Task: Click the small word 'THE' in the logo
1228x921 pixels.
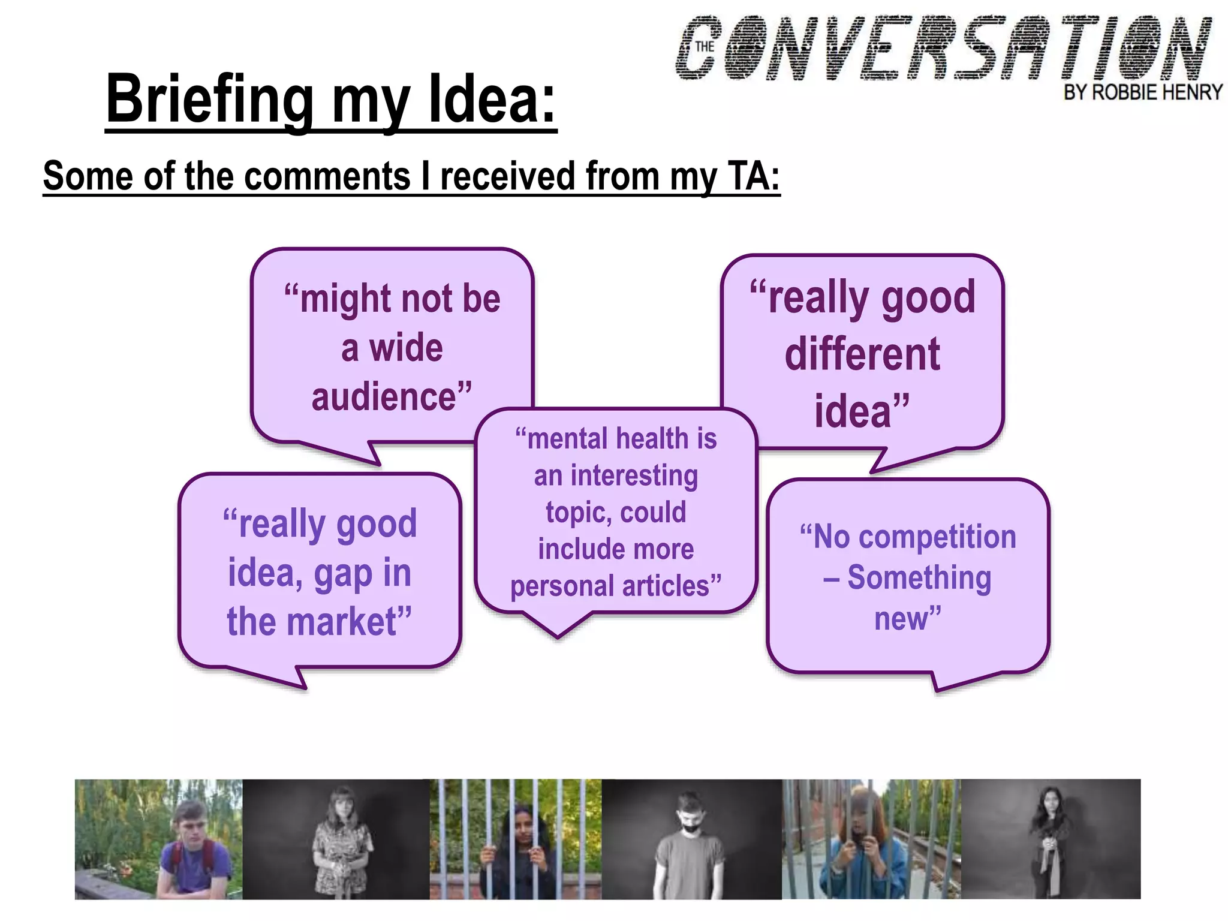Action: click(x=705, y=46)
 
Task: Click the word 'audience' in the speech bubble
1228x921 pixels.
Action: click(x=384, y=397)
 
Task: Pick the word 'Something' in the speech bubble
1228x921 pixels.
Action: click(x=919, y=577)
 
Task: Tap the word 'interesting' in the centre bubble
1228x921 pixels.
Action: click(x=634, y=475)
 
